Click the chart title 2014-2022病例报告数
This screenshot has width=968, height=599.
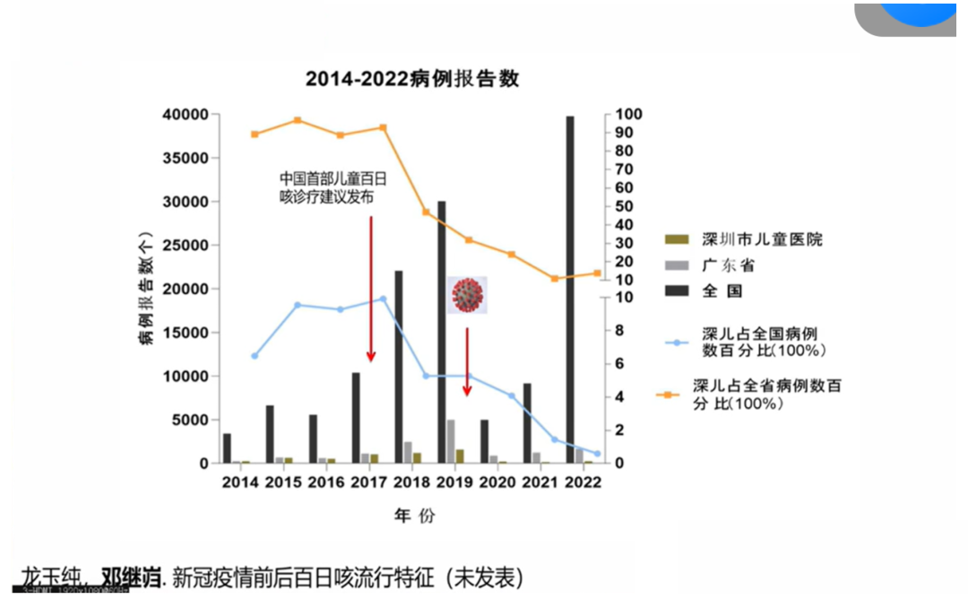coord(412,79)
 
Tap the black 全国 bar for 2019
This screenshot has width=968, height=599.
coord(441,332)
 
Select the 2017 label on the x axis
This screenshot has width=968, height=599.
coord(369,482)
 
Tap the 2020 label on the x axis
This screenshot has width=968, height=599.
coord(497,482)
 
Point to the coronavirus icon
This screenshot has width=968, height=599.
coord(467,294)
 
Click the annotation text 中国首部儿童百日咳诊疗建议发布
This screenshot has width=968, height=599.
coord(326,186)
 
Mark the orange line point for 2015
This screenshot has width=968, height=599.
coord(298,120)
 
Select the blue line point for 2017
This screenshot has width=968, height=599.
coord(383,299)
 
